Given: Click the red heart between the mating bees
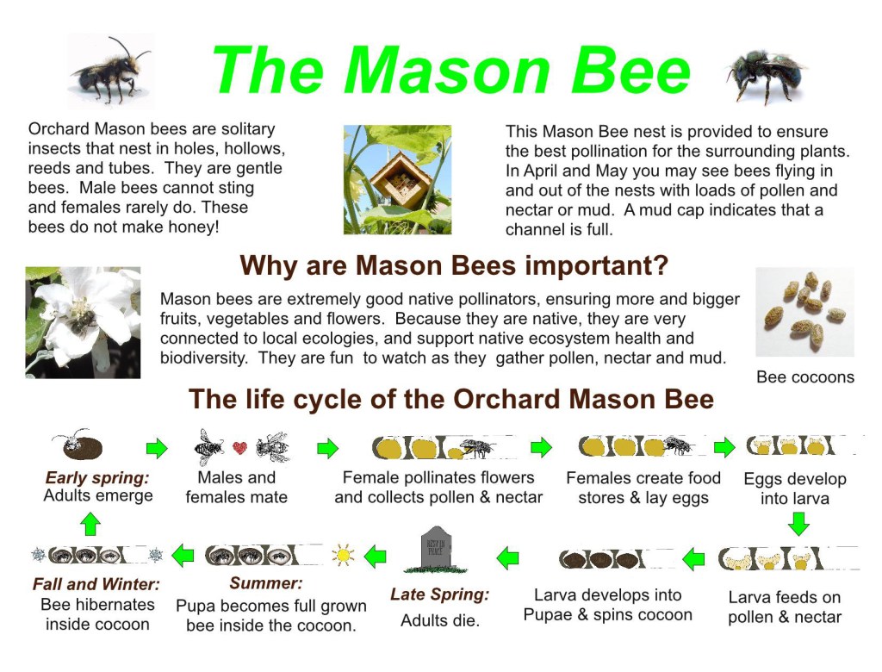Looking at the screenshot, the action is [239, 448].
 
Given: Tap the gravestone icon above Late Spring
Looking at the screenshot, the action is [436, 550].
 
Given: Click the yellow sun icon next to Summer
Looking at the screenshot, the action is [343, 556].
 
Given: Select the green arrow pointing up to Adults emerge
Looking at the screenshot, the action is [90, 524].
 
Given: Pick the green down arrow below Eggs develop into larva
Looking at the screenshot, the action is [798, 524].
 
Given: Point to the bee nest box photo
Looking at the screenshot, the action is [397, 179].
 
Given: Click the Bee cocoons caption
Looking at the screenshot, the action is [805, 377].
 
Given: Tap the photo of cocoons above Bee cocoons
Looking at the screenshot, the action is [805, 312].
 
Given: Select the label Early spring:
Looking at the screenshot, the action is [96, 477].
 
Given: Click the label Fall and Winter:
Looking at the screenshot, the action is [96, 584].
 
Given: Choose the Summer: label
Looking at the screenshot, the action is [265, 583].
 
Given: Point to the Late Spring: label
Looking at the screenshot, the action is [440, 594].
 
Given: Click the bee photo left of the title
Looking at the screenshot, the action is [111, 71].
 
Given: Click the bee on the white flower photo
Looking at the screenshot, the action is [83, 322].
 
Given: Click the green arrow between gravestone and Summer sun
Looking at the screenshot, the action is [376, 556].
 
